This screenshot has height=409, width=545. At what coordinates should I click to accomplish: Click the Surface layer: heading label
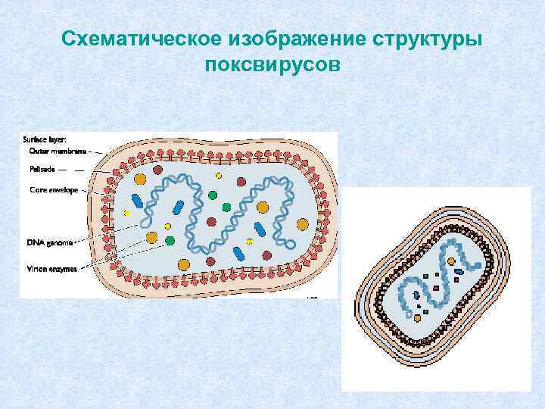45,139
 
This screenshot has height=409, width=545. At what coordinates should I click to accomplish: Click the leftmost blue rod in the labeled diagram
138,201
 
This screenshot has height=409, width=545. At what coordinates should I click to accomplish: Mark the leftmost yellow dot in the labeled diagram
127,214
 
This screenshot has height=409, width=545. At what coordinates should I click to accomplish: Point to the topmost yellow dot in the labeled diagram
218,176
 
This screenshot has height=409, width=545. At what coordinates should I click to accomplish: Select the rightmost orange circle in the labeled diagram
303,224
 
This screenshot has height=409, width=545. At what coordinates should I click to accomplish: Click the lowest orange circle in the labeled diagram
183,264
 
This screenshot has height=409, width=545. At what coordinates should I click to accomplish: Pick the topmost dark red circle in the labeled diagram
158,170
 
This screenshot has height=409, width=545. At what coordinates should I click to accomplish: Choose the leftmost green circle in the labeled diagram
170,241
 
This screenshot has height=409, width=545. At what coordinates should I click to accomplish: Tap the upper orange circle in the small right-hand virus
452,261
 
